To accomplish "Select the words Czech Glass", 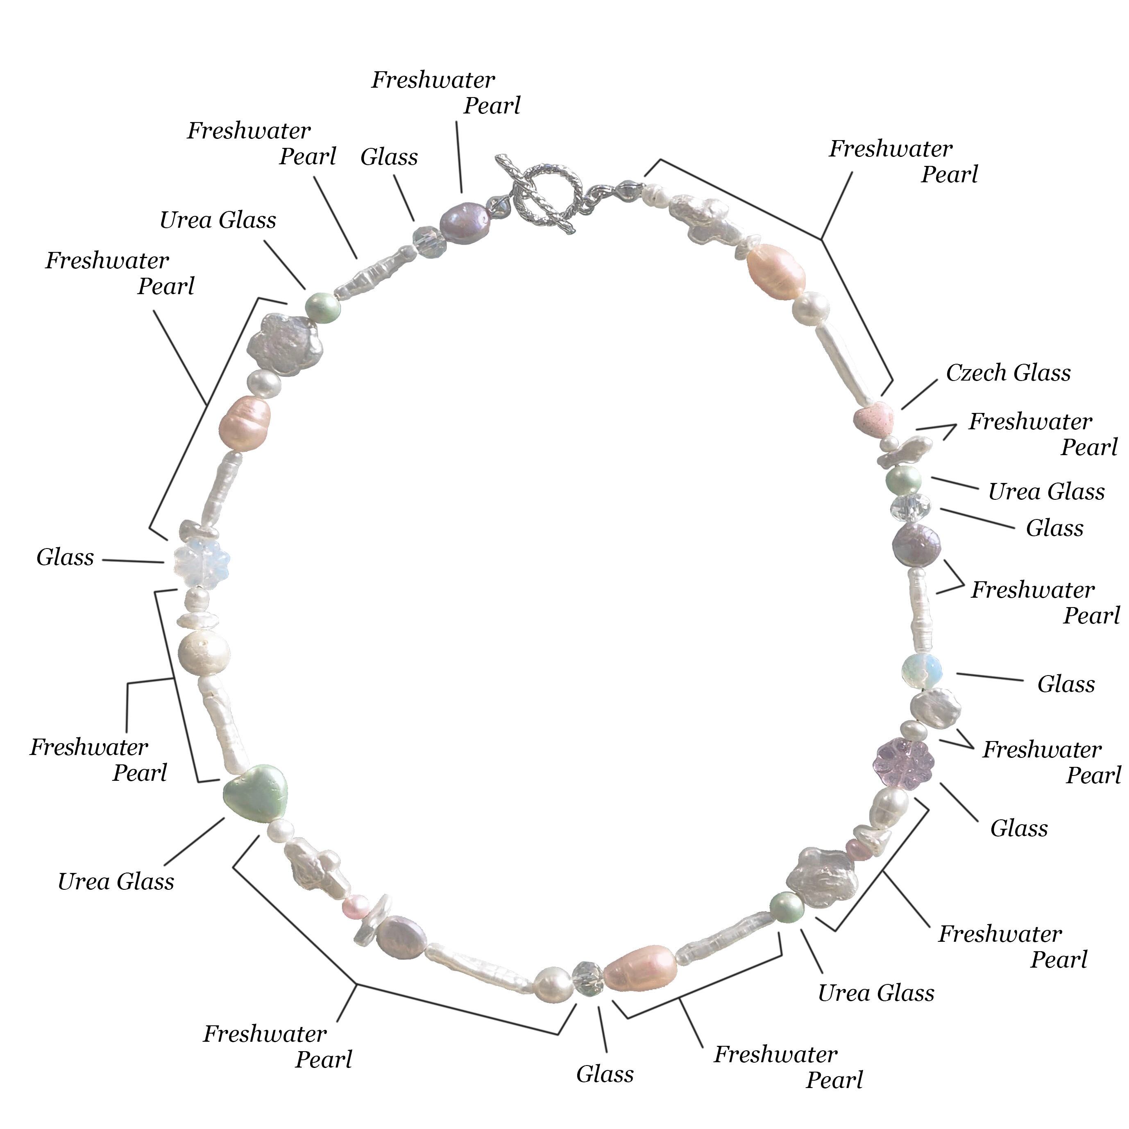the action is tap(1009, 373).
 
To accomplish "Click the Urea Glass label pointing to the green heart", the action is tap(116, 881).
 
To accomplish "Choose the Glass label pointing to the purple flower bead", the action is tap(1018, 829).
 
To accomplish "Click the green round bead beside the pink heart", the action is tap(903, 481).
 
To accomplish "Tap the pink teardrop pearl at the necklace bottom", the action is tap(640, 969).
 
